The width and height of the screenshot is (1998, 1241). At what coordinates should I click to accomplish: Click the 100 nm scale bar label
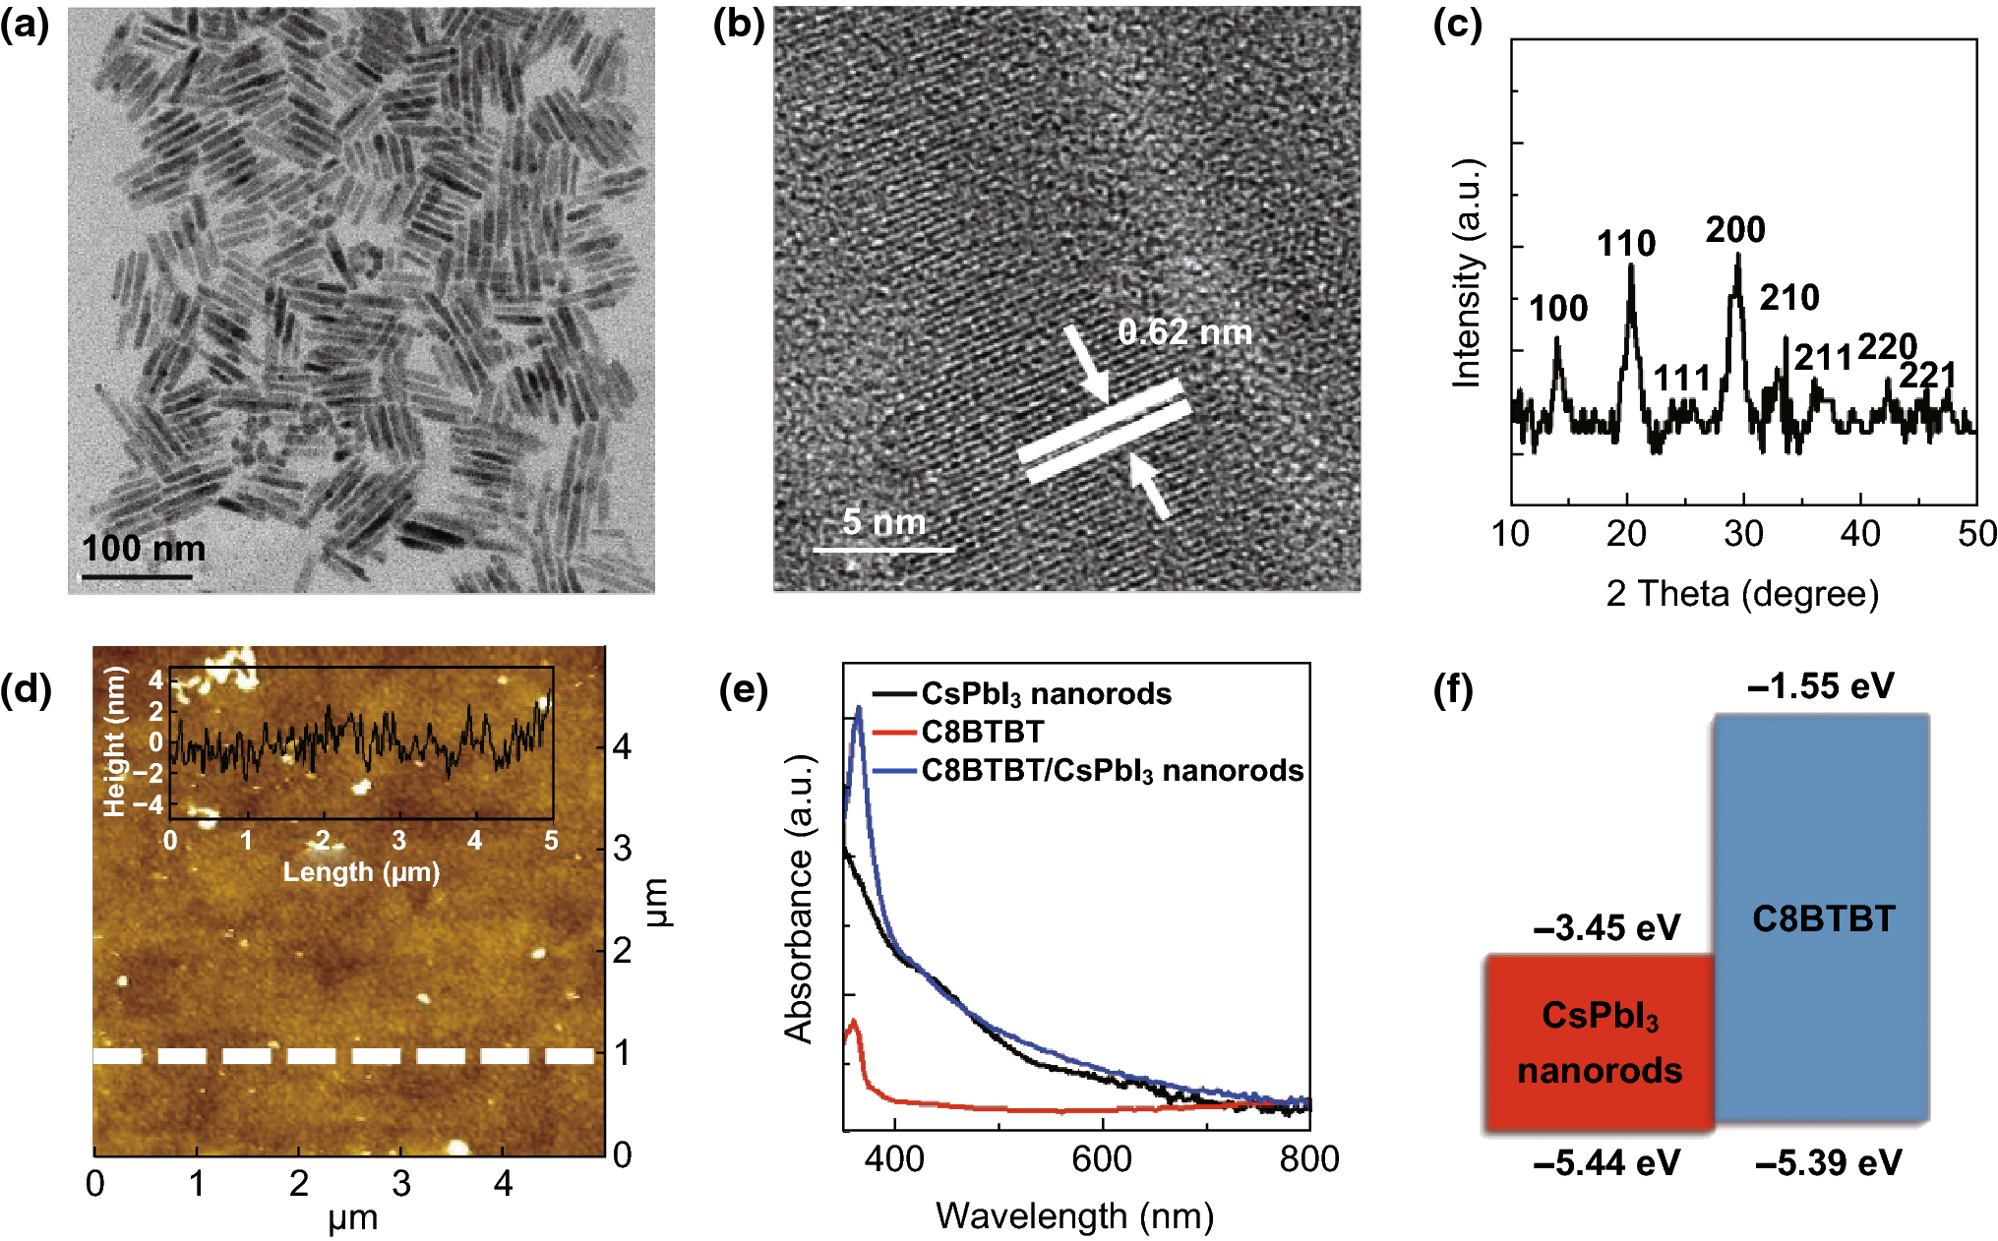point(144,549)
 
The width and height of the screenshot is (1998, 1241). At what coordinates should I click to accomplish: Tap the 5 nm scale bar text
point(884,522)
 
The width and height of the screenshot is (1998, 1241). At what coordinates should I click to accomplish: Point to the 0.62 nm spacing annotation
point(1184,332)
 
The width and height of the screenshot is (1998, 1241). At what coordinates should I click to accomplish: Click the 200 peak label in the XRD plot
point(1735,230)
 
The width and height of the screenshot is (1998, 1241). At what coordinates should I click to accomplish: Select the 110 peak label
point(1625,244)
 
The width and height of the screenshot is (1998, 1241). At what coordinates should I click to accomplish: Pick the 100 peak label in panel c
point(1557,309)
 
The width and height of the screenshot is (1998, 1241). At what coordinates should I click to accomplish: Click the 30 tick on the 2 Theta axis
point(1743,534)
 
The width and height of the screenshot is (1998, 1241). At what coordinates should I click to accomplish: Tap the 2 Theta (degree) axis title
point(1742,594)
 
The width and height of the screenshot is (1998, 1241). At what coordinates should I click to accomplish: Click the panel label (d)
point(26,688)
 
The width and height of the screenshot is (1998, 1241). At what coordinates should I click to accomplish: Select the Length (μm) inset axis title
point(361,872)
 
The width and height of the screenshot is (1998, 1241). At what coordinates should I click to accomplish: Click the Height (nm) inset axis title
point(115,741)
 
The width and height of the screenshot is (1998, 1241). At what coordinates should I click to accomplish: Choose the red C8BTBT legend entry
point(982,732)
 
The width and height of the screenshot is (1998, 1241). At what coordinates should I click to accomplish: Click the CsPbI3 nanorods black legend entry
point(1046,694)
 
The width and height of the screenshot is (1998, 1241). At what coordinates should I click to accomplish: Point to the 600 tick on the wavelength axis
point(1101,1159)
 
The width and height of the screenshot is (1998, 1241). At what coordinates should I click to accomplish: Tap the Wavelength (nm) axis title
point(1074,1216)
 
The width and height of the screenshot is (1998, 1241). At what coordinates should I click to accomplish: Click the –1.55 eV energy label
point(1820,686)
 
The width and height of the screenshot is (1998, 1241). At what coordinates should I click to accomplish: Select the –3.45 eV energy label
point(1605,927)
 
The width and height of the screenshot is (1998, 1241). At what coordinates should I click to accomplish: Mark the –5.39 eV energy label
point(1828,1164)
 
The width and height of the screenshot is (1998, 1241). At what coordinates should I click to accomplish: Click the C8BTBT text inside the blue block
point(1823,919)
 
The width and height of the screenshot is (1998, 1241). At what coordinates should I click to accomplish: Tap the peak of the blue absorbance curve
point(859,708)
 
